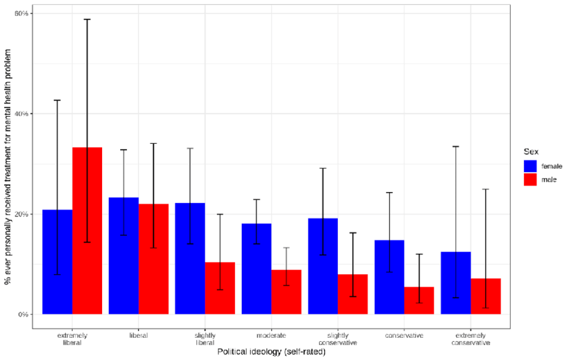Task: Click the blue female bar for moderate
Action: pos(257,269)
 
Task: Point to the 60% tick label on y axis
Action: pos(21,13)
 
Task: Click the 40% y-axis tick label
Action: pos(21,114)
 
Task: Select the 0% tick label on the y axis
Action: pos(24,314)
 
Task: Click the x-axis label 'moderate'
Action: pos(271,335)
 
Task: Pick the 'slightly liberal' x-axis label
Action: pos(205,339)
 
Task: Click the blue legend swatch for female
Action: pos(530,165)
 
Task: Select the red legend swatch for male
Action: pos(530,179)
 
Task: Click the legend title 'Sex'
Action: pos(531,152)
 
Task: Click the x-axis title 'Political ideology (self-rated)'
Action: pos(271,352)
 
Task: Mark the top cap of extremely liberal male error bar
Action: pos(87,19)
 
